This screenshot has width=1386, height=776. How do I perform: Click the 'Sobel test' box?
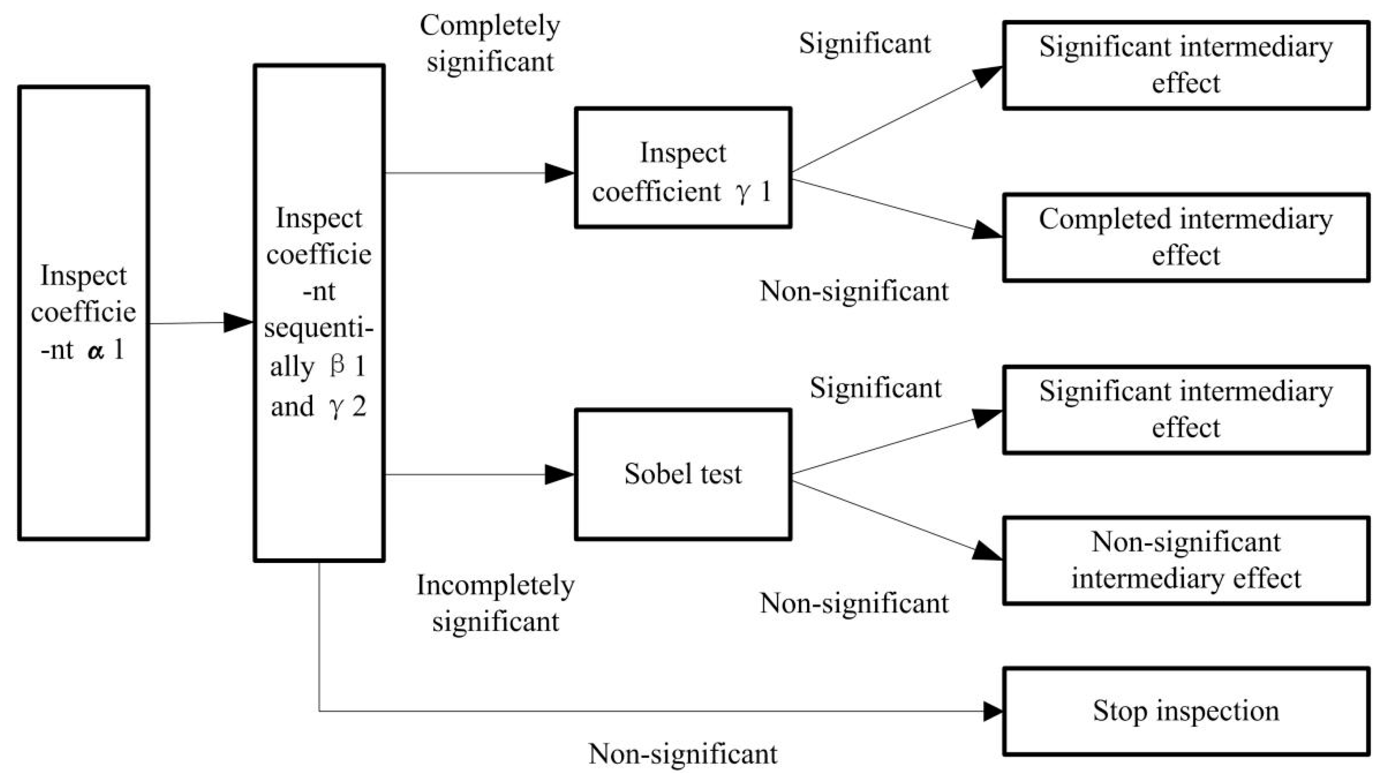[x=682, y=474]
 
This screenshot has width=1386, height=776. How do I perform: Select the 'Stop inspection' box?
[x=1185, y=711]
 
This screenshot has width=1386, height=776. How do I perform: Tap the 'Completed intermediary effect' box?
[x=1185, y=237]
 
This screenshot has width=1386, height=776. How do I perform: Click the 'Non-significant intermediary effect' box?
[x=1185, y=560]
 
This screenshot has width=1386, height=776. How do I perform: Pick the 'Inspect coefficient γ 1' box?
[x=682, y=167]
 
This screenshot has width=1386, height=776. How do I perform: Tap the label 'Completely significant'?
[x=490, y=43]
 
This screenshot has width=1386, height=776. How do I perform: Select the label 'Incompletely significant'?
[x=495, y=603]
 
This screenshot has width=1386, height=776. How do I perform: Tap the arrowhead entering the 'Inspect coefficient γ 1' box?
[x=560, y=173]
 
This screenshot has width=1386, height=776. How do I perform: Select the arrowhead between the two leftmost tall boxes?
[x=238, y=323]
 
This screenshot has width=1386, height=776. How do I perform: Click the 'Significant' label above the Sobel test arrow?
[x=875, y=388]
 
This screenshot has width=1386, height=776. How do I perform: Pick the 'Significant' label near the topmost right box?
[x=865, y=44]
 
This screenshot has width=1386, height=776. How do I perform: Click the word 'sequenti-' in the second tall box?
[x=319, y=328]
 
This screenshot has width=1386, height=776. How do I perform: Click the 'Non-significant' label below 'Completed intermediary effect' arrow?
[x=854, y=291]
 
